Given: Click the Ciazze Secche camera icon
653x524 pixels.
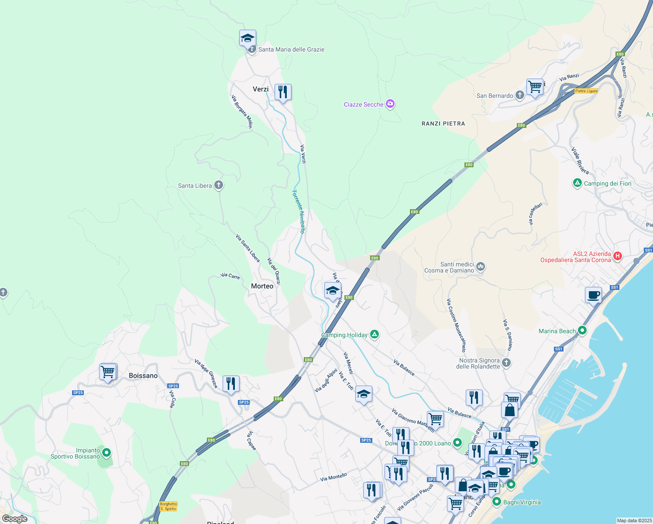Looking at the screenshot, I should click(x=390, y=104).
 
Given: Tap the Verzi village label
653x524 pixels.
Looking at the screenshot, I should click(x=261, y=89).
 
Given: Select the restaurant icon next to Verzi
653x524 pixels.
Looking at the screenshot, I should click(x=283, y=92).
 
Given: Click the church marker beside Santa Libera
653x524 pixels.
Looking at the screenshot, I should click(x=219, y=185).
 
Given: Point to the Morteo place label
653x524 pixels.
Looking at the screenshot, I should click(x=262, y=286).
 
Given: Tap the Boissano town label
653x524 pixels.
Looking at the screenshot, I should click(x=143, y=376).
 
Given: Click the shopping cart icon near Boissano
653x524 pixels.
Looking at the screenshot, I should click(x=107, y=372).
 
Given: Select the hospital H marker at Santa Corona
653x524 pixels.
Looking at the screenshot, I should click(x=618, y=256).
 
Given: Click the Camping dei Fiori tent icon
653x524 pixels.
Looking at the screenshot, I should click(x=577, y=183).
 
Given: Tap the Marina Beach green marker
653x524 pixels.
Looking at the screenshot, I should click(x=582, y=331).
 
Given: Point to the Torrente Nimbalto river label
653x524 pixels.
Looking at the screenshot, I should click(x=299, y=211).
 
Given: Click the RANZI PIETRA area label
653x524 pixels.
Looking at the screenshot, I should click(x=443, y=124).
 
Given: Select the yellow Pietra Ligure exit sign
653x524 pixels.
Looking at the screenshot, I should click(x=586, y=91).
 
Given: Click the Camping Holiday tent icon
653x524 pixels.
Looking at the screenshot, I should click(x=374, y=334).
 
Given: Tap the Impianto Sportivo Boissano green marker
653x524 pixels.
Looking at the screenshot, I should click(x=107, y=453).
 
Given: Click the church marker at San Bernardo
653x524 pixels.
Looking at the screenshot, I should click(x=519, y=95).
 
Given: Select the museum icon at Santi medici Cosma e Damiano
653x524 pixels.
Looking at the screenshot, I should click(x=481, y=266).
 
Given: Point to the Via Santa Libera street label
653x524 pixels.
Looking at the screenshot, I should click(x=247, y=248).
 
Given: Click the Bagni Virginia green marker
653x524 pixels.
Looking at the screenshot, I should click(x=497, y=502).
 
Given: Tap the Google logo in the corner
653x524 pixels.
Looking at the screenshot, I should click(x=15, y=519).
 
